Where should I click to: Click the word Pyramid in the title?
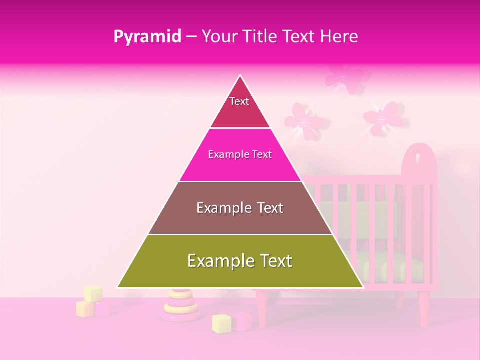[147, 37]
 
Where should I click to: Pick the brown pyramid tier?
[240, 220]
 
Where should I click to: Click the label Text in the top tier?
[239, 101]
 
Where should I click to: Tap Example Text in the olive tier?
[240, 261]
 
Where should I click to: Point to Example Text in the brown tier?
[240, 208]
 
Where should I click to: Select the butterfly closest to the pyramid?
[302, 120]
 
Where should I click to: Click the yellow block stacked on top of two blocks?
[93, 294]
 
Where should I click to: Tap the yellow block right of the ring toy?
[221, 323]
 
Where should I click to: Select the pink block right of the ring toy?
[244, 321]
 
